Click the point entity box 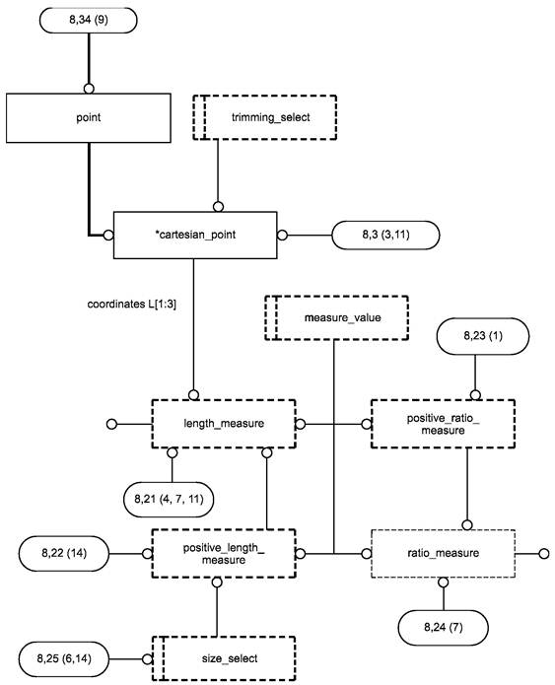[x=89, y=117]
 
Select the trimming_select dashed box [x=265, y=117]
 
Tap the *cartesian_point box [x=195, y=235]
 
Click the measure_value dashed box [x=336, y=317]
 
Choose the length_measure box [x=224, y=423]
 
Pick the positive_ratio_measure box [x=443, y=423]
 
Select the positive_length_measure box [x=224, y=554]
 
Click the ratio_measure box [x=443, y=554]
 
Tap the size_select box [x=224, y=658]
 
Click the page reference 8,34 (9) [x=89, y=20]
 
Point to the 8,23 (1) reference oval [x=482, y=335]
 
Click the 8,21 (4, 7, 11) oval [x=170, y=499]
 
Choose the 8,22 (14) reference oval [x=64, y=553]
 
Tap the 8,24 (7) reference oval [x=444, y=627]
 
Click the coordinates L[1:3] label [x=132, y=304]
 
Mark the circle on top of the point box [x=89, y=89]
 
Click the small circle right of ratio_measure [x=543, y=554]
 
